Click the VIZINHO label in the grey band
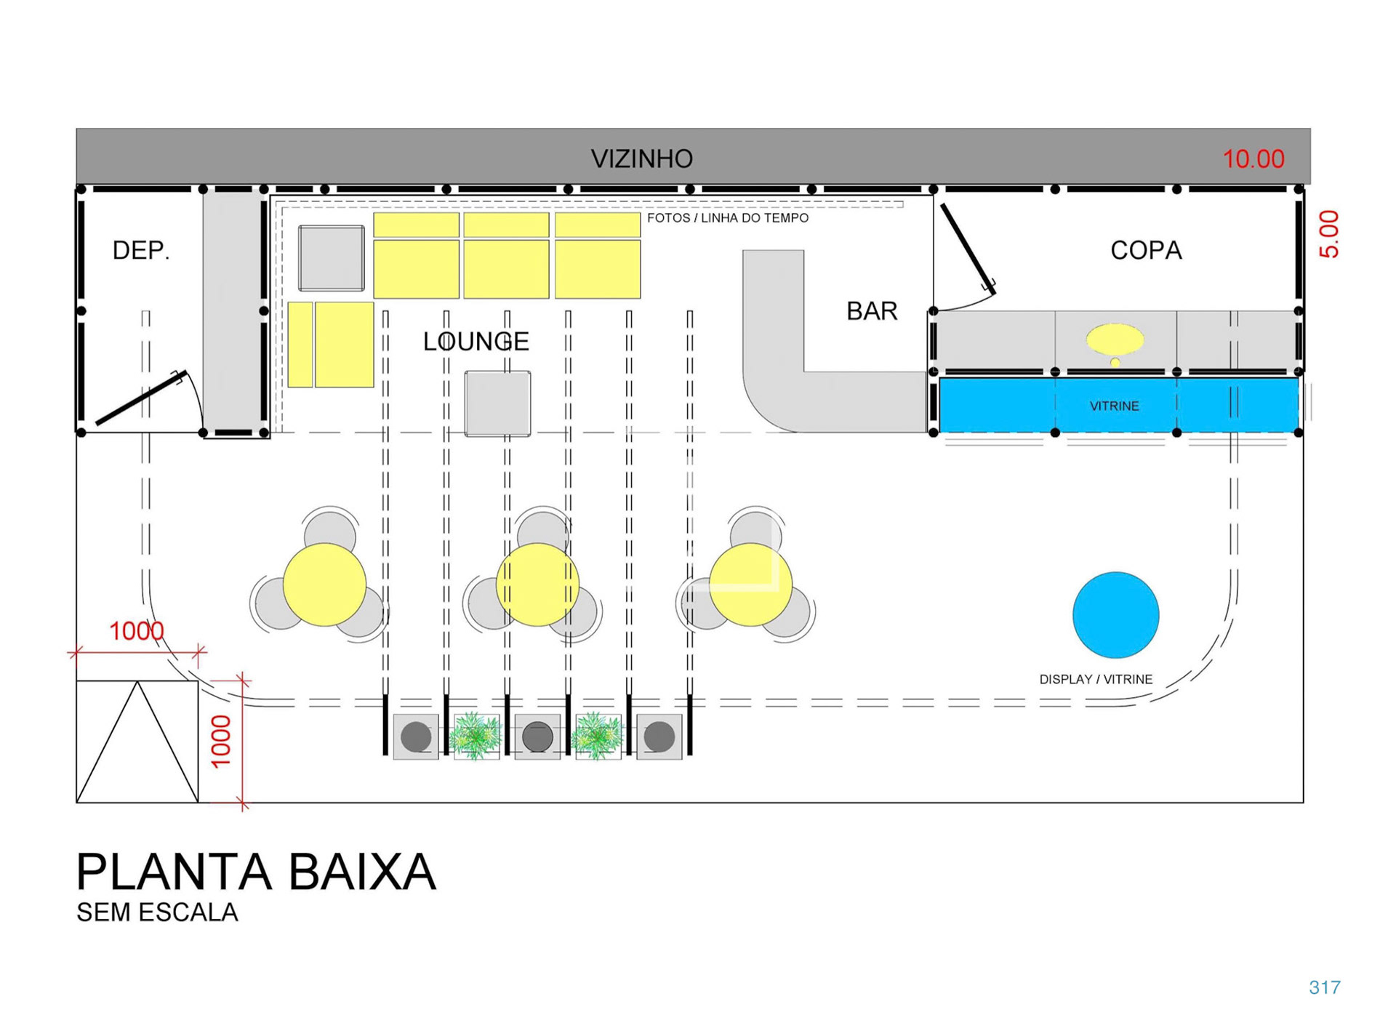tap(641, 158)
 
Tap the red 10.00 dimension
tap(1253, 158)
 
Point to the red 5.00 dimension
tap(1328, 234)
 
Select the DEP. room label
tap(140, 251)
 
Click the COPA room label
tap(1146, 251)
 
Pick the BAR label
tap(872, 311)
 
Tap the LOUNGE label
tap(476, 342)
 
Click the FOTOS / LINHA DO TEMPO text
tap(727, 218)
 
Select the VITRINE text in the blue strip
tap(1114, 406)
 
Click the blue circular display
tap(1115, 615)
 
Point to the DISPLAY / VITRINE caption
tap(1096, 680)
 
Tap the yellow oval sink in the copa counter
tap(1115, 339)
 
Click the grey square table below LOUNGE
tap(497, 403)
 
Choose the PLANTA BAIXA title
tap(256, 872)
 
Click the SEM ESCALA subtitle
tap(157, 912)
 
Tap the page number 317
tap(1324, 987)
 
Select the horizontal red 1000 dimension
tap(136, 631)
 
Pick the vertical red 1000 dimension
tap(220, 741)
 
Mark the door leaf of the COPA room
tap(967, 247)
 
